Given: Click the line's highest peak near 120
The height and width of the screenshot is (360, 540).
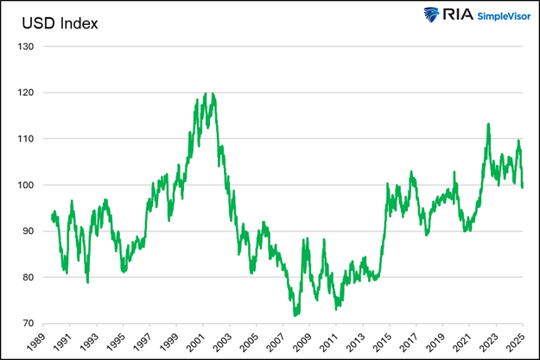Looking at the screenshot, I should [x=206, y=93].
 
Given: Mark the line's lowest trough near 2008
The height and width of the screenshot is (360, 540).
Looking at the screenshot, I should [x=295, y=316].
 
